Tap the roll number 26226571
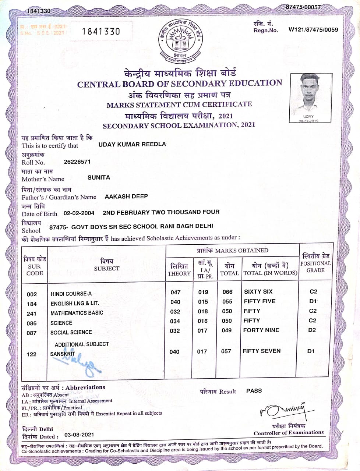(77, 162)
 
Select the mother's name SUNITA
(99, 177)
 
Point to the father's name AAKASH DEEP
(126, 196)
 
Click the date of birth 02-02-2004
(79, 213)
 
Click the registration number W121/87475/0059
(313, 30)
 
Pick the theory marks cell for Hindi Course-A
(176, 292)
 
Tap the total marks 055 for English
(227, 301)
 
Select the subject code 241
(32, 314)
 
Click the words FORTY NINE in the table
(261, 330)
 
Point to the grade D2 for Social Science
(312, 330)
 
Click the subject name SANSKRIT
(63, 354)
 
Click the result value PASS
(254, 391)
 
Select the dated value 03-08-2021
(79, 435)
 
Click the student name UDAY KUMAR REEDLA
(132, 144)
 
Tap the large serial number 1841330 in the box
(101, 31)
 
